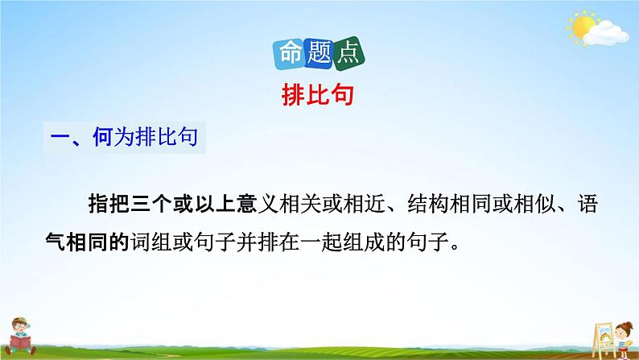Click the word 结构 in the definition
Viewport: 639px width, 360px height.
coord(421,206)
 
